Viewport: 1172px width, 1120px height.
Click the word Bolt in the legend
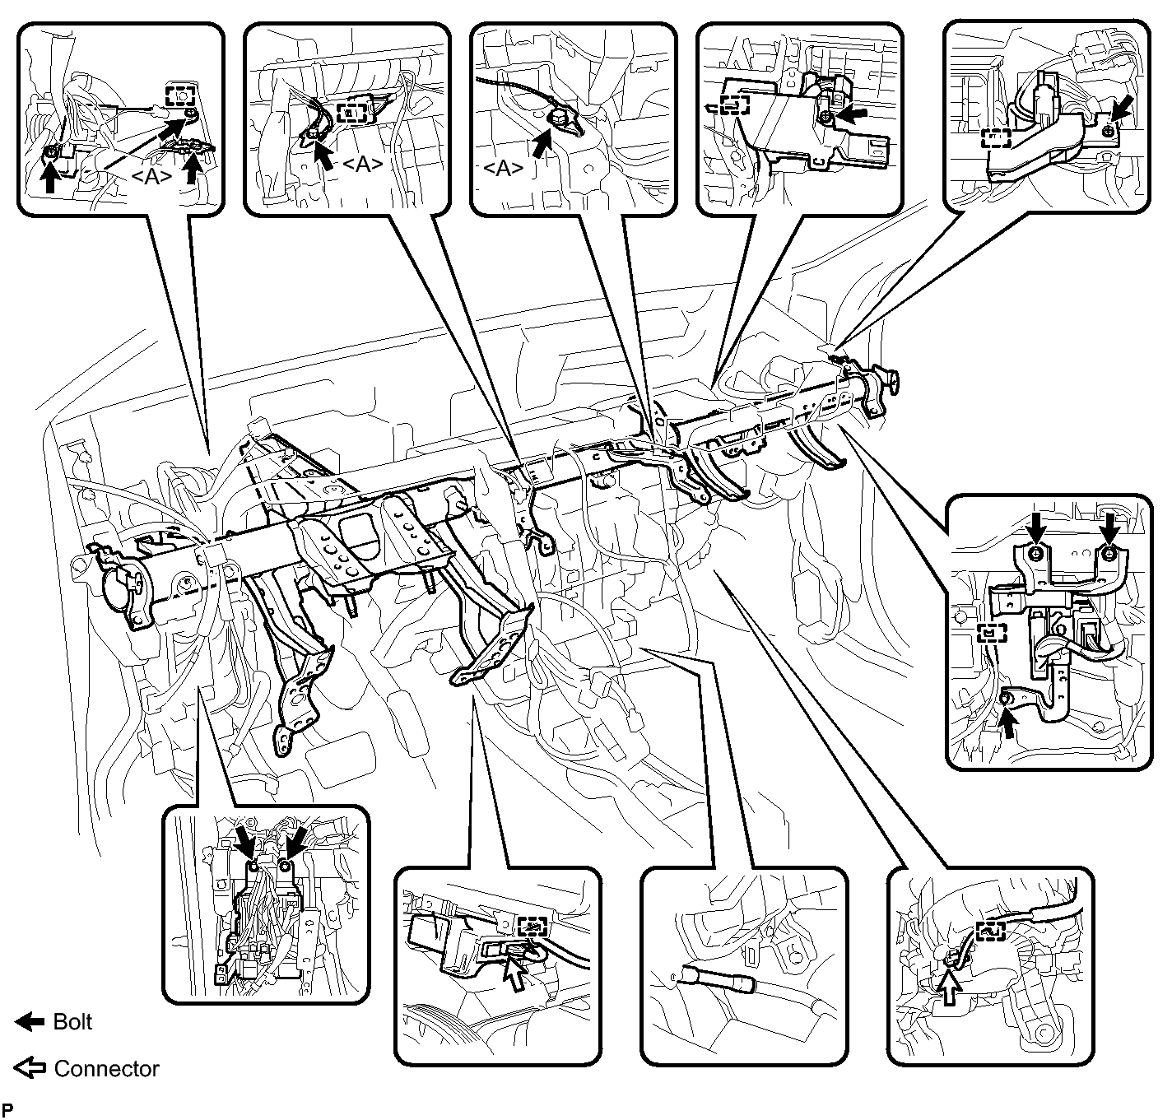click(x=72, y=1022)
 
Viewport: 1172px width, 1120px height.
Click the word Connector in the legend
click(x=106, y=1069)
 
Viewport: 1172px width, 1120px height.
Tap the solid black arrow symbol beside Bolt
click(x=30, y=1022)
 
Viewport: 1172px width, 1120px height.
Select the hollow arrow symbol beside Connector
click(x=30, y=1069)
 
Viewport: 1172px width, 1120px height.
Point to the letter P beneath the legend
click(x=8, y=1107)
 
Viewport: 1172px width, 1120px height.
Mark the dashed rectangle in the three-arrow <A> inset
click(x=180, y=94)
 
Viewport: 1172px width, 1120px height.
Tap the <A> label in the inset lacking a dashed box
click(x=502, y=168)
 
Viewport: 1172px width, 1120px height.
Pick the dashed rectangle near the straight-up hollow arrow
click(x=991, y=930)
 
